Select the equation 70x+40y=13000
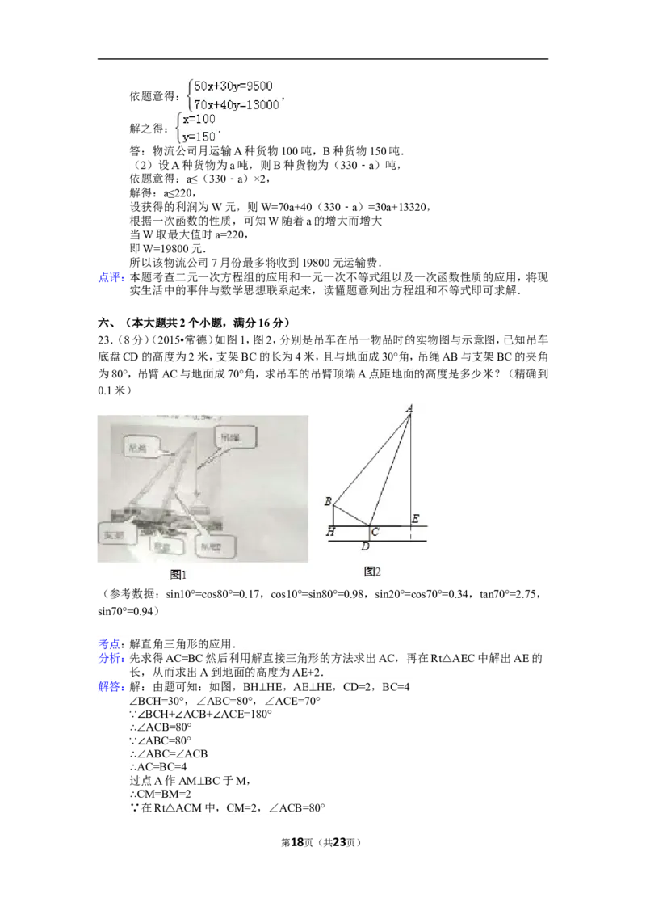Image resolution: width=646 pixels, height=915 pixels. click(237, 104)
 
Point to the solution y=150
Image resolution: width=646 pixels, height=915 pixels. click(199, 137)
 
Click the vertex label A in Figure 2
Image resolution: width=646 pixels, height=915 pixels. click(409, 410)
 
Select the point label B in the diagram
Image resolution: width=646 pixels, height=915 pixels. click(327, 502)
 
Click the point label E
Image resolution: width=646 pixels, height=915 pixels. click(415, 518)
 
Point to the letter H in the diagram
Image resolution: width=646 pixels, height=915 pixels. click(330, 532)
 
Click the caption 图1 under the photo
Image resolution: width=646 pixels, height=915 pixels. click(178, 575)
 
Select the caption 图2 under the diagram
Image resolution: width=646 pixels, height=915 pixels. click(372, 571)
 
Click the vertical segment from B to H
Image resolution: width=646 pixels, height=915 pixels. click(333, 515)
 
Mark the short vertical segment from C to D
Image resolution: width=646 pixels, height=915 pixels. click(369, 533)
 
